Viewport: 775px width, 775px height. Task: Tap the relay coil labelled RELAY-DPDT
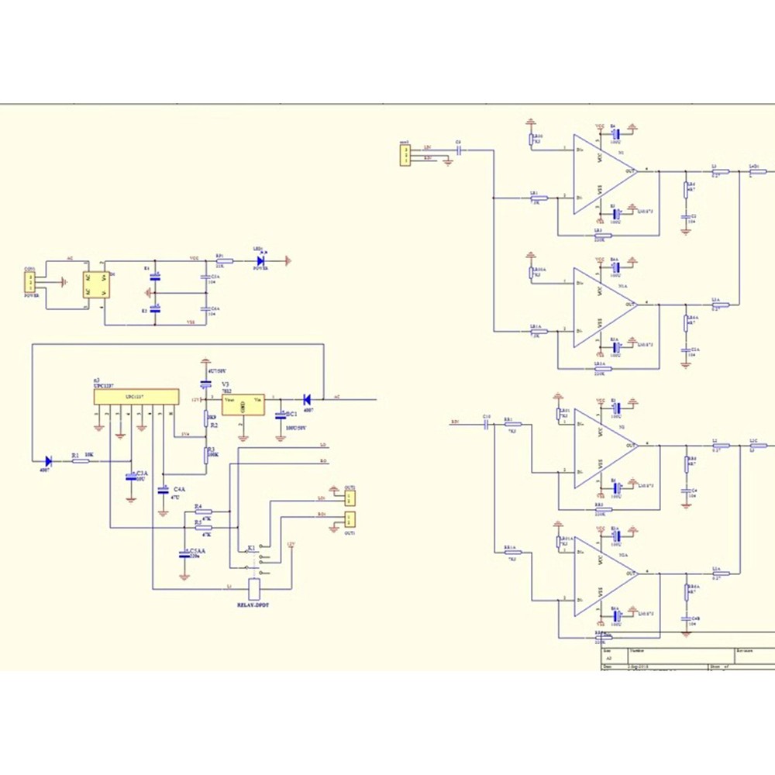click(253, 586)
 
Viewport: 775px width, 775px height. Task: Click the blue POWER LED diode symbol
click(261, 261)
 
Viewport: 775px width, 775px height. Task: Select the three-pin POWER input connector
click(30, 281)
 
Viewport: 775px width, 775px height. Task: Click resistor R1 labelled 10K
click(81, 461)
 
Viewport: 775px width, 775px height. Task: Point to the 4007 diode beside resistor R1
click(49, 461)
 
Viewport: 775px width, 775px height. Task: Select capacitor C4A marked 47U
click(164, 490)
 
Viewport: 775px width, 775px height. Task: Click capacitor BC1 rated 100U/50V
click(281, 416)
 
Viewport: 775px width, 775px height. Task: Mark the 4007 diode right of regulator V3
click(308, 399)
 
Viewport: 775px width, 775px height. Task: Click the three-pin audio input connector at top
click(405, 156)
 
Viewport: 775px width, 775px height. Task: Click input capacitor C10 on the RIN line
click(487, 425)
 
